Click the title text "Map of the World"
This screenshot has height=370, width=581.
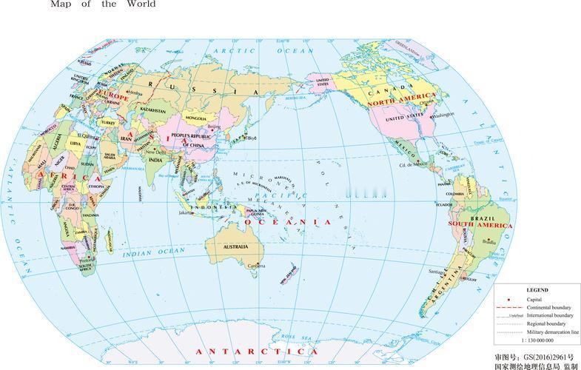pyautogui.click(x=103, y=4)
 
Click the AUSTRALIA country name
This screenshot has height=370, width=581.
pyautogui.click(x=235, y=246)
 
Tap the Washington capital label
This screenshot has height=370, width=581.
pyautogui.click(x=442, y=115)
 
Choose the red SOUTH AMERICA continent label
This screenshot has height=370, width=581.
pyautogui.click(x=476, y=223)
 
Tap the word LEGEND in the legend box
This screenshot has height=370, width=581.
pyautogui.click(x=537, y=289)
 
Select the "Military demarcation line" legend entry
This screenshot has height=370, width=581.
pyautogui.click(x=551, y=332)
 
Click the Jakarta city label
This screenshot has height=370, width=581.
pyautogui.click(x=186, y=212)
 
